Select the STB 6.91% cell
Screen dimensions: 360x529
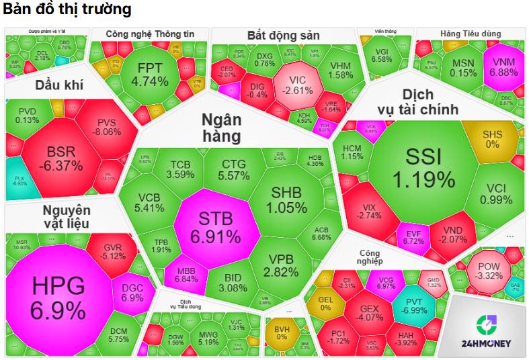click(215, 226)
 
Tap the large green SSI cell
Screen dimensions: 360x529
click(423, 168)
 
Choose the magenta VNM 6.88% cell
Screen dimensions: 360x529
click(503, 66)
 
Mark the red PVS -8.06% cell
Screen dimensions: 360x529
click(109, 126)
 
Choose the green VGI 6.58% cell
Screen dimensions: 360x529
click(381, 54)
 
